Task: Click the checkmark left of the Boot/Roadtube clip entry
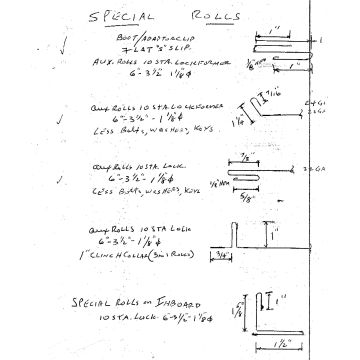click(x=64, y=44)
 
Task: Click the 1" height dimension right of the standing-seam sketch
click(x=270, y=236)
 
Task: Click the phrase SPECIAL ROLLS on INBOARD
click(x=126, y=301)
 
